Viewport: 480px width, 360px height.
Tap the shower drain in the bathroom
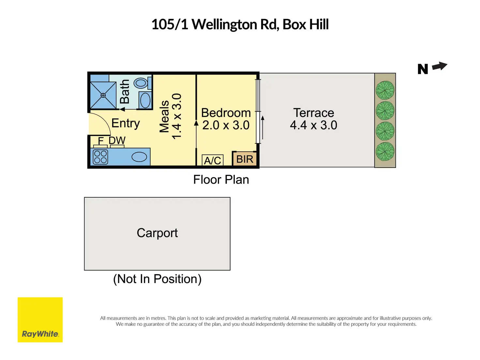103,95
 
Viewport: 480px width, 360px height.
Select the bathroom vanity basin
145,100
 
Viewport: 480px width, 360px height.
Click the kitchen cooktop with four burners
100,157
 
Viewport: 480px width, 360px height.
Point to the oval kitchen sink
139,157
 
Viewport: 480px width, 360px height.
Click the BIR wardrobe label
245,159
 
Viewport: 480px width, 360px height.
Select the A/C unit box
213,160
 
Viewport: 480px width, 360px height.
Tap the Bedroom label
226,113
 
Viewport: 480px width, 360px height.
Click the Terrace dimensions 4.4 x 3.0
313,125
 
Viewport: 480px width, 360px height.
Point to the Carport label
157,233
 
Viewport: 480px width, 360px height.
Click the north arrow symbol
440,66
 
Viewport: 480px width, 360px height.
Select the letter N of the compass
423,69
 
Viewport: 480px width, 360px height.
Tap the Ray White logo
40,320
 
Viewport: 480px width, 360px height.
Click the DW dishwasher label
117,141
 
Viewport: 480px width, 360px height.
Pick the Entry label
126,123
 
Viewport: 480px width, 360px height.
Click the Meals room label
164,116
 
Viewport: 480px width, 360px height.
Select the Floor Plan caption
221,180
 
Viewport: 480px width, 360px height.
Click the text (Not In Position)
157,279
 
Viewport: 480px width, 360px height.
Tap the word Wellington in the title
224,24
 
